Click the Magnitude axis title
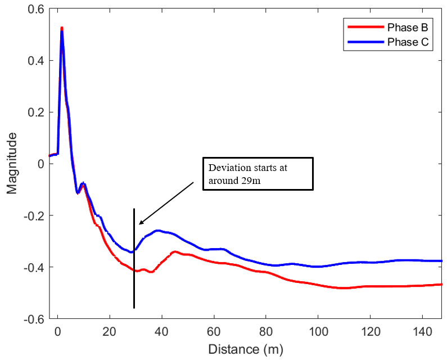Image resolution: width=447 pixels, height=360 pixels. pyautogui.click(x=12, y=163)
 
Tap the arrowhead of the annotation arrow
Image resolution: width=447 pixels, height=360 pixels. pyautogui.click(x=141, y=223)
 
